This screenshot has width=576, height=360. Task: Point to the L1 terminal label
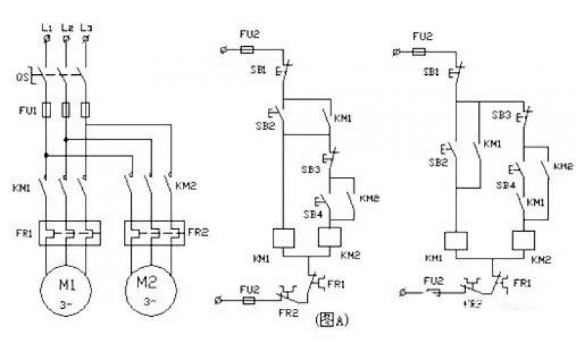click(x=46, y=28)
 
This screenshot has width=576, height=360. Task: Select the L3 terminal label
click(x=86, y=28)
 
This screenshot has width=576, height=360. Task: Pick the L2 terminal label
click(x=66, y=28)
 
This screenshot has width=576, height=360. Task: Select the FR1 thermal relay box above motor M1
click(x=66, y=233)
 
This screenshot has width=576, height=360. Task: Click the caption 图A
click(x=332, y=320)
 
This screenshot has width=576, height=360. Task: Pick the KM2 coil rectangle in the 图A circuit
click(x=330, y=238)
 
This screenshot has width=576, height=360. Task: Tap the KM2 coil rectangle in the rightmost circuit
click(x=523, y=240)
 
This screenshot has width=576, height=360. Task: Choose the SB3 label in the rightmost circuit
click(x=502, y=115)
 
